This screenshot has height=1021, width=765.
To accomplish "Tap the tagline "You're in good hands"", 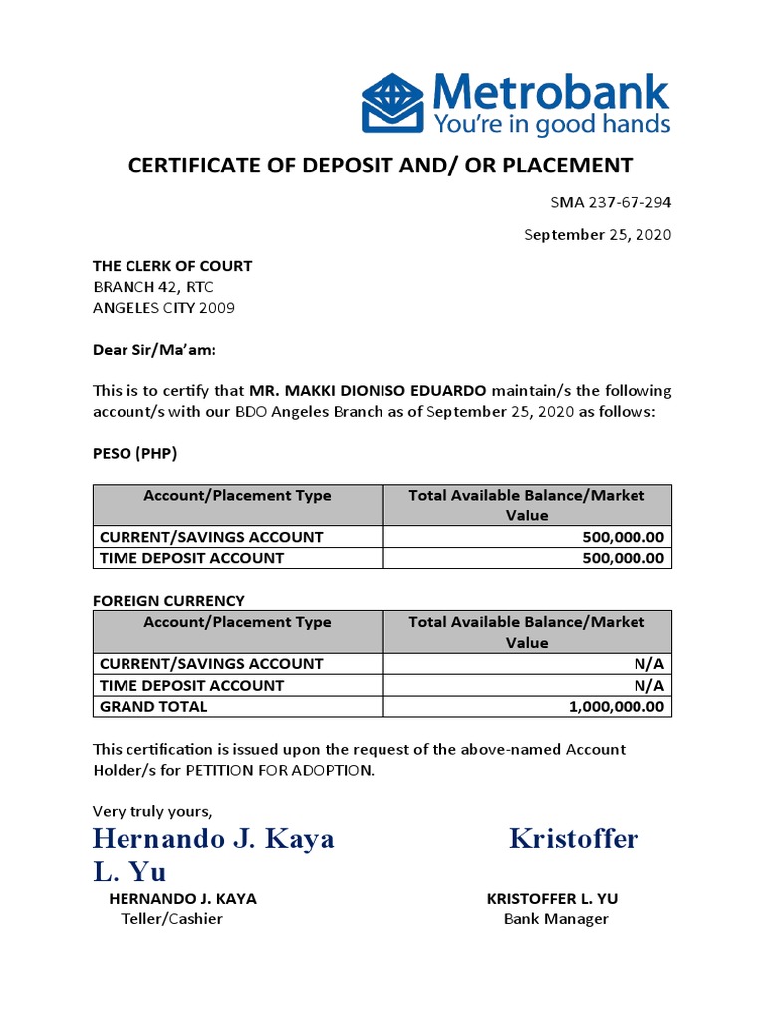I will (x=551, y=124).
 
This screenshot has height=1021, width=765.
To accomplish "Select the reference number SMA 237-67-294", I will (x=611, y=202).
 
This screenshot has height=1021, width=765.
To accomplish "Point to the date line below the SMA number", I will (x=598, y=235).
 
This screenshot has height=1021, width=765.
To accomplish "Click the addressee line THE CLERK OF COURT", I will (x=172, y=266).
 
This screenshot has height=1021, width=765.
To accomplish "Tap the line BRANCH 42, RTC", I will (x=152, y=287).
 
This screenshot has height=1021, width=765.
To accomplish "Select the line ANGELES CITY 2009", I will (x=163, y=308).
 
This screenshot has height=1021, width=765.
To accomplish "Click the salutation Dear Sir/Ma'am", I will (x=153, y=350).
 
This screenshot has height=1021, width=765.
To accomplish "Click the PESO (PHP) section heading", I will (x=134, y=454).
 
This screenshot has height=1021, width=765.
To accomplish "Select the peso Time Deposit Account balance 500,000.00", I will (x=623, y=558).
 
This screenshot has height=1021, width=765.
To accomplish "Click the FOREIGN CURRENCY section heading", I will (x=168, y=600).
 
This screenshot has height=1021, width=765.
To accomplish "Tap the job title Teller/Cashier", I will (x=171, y=919).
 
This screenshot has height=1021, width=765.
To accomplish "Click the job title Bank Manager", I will (x=556, y=919).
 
